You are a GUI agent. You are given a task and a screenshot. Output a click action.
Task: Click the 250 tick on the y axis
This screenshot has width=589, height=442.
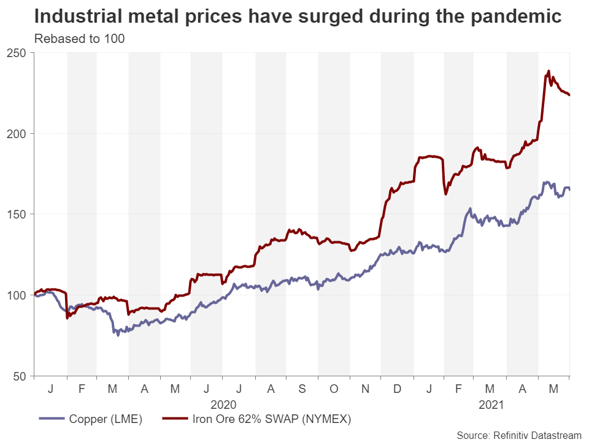coord(21,53)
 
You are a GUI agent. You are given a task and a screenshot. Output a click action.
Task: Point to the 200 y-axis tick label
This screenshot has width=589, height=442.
coord(21,134)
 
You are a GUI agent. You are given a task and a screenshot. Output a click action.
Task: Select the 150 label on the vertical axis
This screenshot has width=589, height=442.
coord(21,214)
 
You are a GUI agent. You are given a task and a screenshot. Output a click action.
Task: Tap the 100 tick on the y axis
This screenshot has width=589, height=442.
coord(21,295)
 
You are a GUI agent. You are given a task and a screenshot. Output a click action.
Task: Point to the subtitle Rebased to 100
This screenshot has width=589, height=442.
coord(79,39)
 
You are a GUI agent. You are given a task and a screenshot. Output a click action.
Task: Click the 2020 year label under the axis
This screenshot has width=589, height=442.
coord(223,405)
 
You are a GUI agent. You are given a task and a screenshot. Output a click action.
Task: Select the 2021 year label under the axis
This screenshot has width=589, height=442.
coord(490,405)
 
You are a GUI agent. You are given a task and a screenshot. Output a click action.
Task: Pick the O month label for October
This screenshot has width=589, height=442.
coord(333,389)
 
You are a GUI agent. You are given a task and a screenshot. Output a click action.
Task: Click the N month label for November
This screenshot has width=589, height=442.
coord(365,389)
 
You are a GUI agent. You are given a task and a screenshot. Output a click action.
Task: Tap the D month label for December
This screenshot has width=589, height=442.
coord(396,389)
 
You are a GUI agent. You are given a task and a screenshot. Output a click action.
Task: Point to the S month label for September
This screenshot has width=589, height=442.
coord(302,389)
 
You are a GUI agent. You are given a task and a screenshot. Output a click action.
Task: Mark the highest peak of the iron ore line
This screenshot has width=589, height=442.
coord(549,71)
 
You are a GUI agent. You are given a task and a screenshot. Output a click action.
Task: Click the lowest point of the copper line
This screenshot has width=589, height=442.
coord(118,335)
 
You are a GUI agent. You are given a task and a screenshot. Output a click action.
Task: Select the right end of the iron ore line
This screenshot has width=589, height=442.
coord(569,95)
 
